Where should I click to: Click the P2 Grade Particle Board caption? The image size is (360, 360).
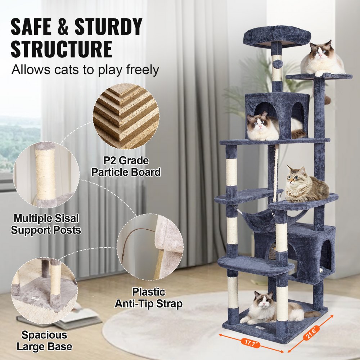(x=126, y=166)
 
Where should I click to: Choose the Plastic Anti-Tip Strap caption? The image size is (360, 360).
(x=148, y=298)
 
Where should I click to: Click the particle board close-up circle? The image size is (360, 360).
(x=126, y=115)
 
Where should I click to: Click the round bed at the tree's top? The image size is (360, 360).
(x=276, y=36)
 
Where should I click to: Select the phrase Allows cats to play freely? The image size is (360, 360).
(x=85, y=69)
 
